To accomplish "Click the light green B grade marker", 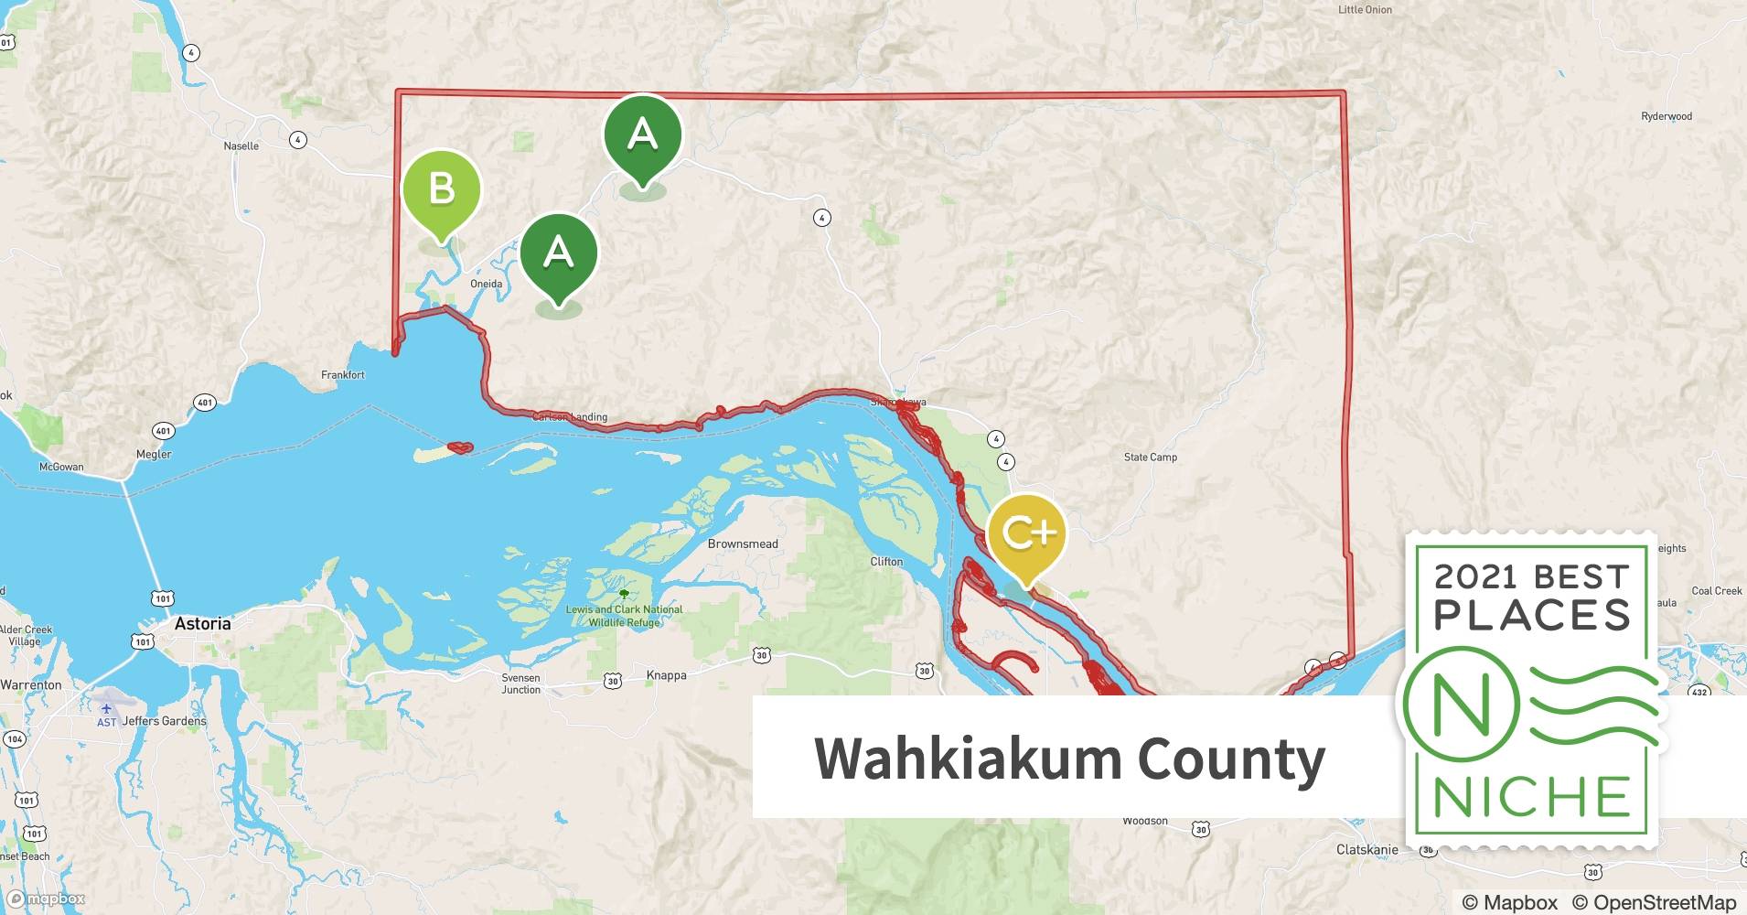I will click(x=442, y=189).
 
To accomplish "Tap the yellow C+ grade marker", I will click(x=1027, y=533).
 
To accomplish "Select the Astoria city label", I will click(x=202, y=624).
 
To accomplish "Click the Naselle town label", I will click(x=241, y=146).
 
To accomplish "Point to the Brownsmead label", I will click(x=743, y=544).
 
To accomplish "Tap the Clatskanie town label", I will click(x=1367, y=849).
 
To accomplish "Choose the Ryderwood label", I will click(x=1667, y=116).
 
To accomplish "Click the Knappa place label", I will click(x=666, y=675).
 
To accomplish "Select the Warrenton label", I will click(x=31, y=684).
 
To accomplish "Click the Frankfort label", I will click(x=343, y=375).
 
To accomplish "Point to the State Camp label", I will click(x=1150, y=457).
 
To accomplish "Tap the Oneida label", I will click(x=486, y=284).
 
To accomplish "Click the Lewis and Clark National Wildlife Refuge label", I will click(x=624, y=616).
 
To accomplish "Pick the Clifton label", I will click(x=886, y=562).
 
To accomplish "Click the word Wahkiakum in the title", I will click(x=966, y=759).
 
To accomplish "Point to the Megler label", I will click(x=154, y=454).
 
